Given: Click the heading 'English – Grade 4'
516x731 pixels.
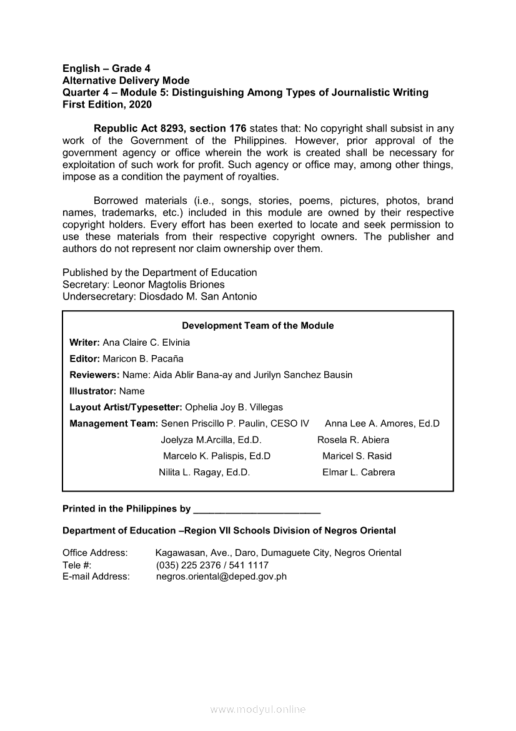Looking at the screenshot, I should pos(106,68).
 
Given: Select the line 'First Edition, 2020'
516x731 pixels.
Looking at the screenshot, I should pos(107,104).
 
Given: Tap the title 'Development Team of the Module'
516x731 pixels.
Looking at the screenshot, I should pos(257,326).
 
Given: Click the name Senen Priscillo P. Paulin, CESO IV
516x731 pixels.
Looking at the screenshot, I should pos(235,424).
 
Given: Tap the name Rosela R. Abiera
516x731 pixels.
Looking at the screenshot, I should pos(353,440).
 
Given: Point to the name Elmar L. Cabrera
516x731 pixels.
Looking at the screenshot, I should pos(359,473).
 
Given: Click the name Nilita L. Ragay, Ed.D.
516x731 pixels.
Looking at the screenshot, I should pos(204,473).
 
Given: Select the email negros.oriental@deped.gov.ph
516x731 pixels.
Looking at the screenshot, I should pos(221,577).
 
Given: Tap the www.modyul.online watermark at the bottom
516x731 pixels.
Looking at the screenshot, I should pos(258,710).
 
